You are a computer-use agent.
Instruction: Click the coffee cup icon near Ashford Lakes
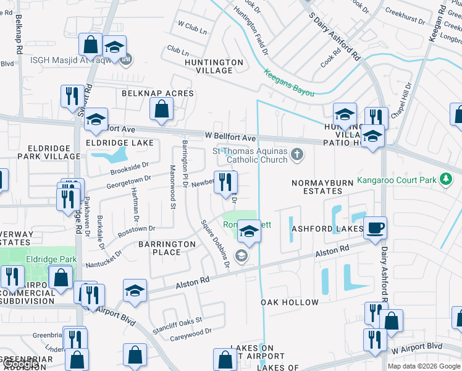375,227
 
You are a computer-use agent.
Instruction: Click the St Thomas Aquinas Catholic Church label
250,155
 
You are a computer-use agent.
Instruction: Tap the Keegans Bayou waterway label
289,83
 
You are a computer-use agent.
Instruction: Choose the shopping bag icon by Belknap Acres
161,109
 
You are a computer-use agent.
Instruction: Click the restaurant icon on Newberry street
225,181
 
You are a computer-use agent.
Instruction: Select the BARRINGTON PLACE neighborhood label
167,249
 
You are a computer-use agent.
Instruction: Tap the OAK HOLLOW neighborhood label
290,302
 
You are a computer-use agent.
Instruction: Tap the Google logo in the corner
20,364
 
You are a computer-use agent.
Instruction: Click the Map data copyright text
424,366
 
